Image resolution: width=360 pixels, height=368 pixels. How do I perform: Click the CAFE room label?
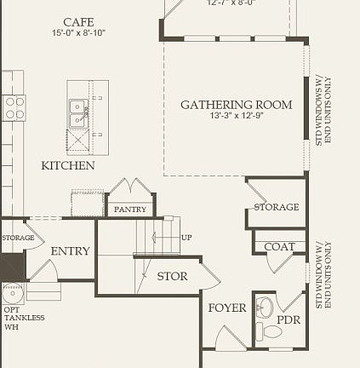point(78,21)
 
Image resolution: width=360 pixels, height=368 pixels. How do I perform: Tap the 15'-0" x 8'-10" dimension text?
point(78,33)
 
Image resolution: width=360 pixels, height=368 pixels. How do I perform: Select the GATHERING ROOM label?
point(236,105)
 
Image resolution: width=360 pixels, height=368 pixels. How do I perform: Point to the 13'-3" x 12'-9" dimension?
point(237,116)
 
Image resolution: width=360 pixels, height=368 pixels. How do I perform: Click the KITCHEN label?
point(68,165)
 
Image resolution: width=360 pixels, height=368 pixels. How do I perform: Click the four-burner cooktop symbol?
point(14,107)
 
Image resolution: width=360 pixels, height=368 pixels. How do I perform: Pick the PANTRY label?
point(130,209)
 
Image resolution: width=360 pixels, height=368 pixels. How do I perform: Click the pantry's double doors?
point(130,188)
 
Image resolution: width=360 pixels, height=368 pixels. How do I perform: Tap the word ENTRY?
point(70,251)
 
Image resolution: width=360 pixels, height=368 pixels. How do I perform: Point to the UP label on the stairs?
point(186,237)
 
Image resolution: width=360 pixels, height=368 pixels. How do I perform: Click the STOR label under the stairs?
point(172,276)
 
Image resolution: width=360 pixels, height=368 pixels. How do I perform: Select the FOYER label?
point(227,308)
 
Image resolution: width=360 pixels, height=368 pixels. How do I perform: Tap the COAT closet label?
point(279,247)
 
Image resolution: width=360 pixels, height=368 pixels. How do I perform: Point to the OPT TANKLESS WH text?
point(24,318)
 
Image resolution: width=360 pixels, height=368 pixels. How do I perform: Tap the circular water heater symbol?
point(12,293)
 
